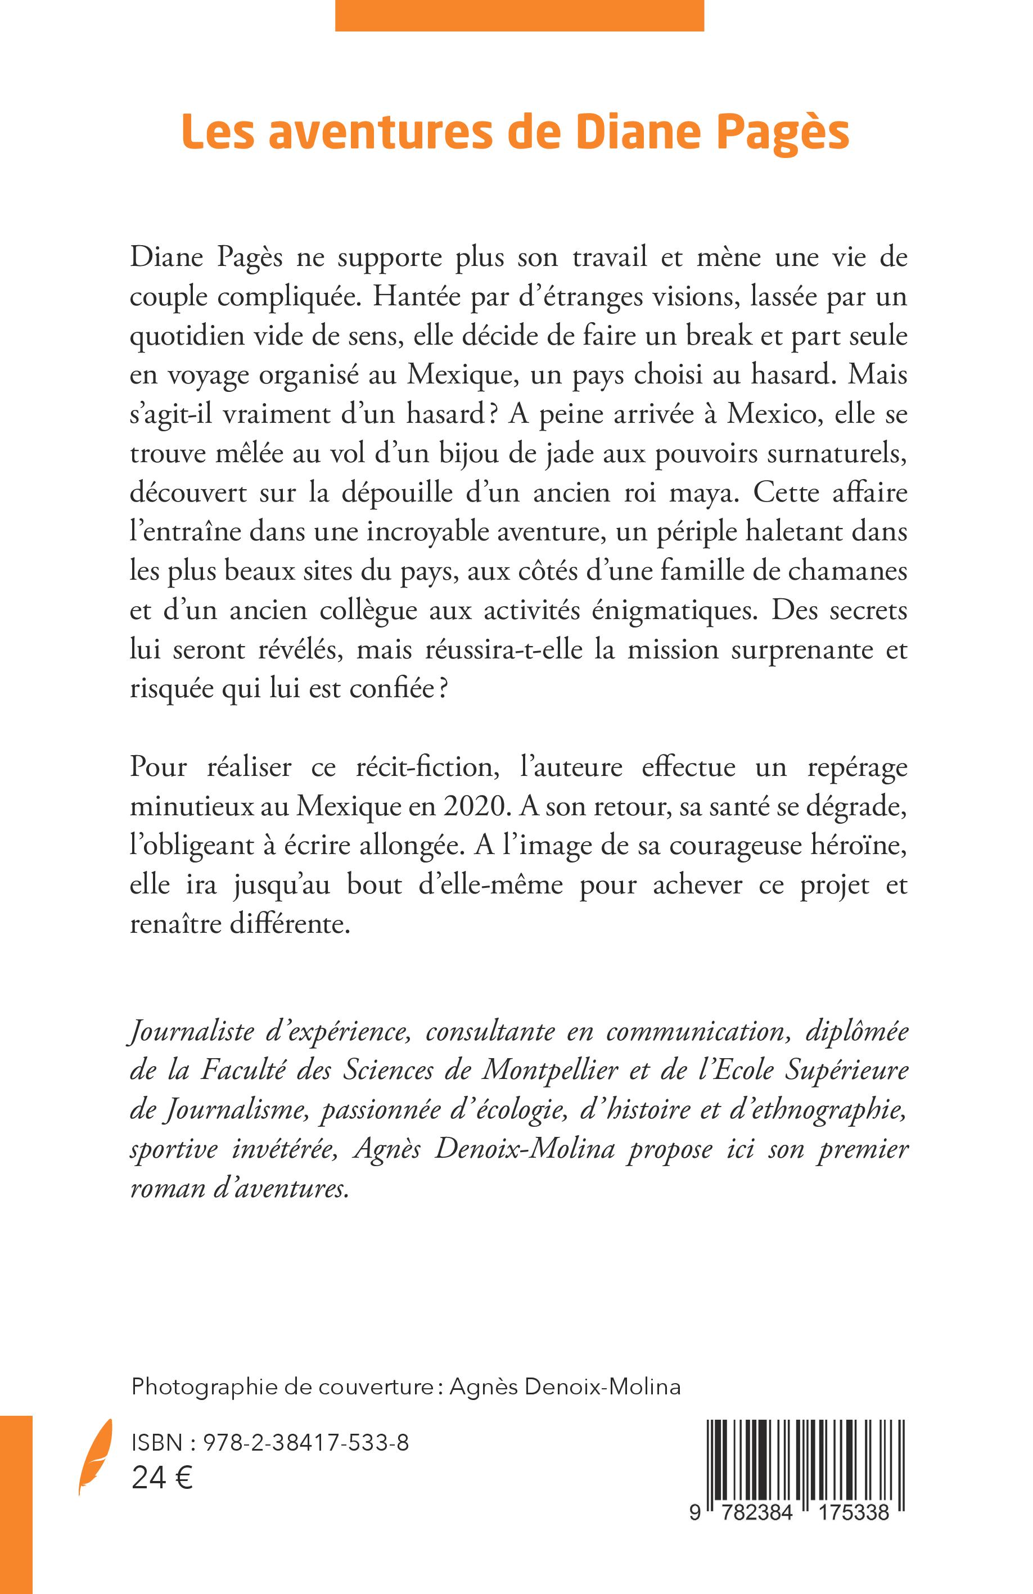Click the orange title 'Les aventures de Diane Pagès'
515,133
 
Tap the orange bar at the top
519,15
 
